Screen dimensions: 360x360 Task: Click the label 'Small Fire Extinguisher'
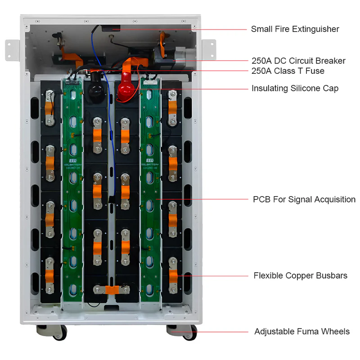[295, 29]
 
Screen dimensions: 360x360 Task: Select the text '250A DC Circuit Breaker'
[298, 61]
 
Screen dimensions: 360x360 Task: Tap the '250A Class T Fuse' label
[288, 71]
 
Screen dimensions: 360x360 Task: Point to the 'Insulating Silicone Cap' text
[295, 89]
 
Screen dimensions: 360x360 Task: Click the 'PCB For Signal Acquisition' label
[304, 199]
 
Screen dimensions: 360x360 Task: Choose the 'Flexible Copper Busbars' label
[300, 275]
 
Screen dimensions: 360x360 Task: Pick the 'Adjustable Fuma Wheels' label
[301, 332]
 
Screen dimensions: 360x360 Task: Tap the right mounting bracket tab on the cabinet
[209, 49]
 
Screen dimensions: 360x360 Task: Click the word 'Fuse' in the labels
[315, 71]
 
